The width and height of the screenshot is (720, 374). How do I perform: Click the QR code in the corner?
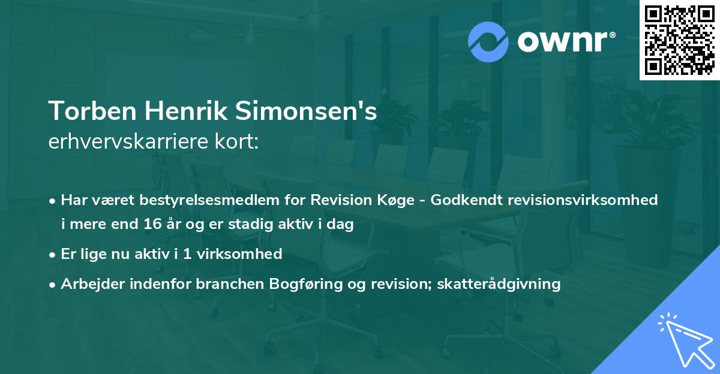click(679, 40)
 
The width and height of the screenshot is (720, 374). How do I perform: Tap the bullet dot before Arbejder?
click(54, 284)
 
